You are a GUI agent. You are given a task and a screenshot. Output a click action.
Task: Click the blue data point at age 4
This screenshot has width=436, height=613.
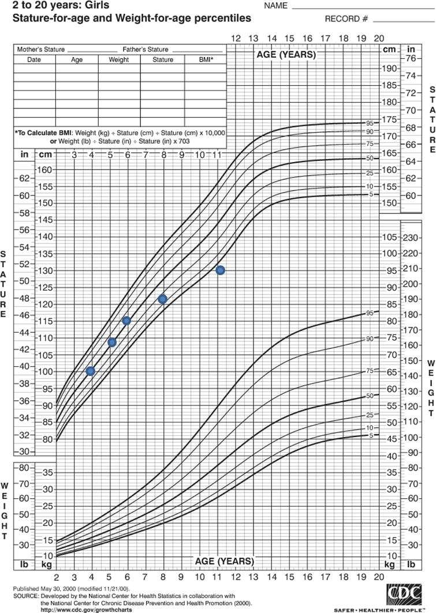coord(90,371)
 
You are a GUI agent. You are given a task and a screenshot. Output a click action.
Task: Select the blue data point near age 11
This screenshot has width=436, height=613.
coord(220,270)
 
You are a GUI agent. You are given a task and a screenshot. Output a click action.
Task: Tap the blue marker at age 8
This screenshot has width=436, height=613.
coord(162,299)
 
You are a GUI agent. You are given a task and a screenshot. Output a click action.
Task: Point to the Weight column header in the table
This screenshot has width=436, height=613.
coord(119,59)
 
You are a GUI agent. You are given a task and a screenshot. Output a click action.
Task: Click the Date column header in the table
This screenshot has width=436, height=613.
coord(34,59)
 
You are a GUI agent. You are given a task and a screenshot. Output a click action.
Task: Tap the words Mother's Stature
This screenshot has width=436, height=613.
coord(40,50)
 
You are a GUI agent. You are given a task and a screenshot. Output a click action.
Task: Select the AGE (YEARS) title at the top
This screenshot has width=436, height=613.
coord(286,55)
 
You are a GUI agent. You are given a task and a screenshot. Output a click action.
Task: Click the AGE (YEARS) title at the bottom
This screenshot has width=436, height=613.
coord(224,561)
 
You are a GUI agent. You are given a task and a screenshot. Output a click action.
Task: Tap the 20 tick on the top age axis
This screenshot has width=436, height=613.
coord(379,38)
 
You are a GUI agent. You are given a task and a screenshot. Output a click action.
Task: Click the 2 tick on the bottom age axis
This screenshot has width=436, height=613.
coord(56,577)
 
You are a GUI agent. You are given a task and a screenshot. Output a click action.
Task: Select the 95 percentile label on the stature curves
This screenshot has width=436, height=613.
coord(370,123)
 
